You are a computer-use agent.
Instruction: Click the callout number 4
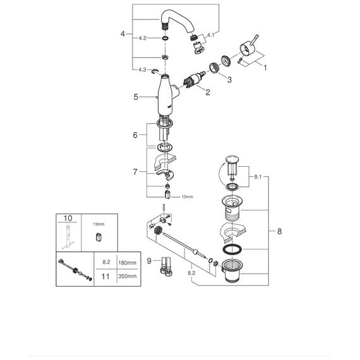[123, 34]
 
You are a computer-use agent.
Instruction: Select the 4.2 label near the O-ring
[142, 38]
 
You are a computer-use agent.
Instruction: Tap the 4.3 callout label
[142, 69]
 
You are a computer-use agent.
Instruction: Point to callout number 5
[136, 97]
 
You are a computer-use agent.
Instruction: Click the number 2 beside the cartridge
[208, 92]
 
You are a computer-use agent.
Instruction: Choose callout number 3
[229, 80]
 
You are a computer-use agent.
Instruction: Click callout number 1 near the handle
[265, 68]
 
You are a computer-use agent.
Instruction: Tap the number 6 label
[135, 135]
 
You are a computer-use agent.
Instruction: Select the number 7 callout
[135, 172]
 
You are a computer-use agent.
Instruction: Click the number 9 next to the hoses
[149, 261]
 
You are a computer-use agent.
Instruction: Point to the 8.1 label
[258, 177]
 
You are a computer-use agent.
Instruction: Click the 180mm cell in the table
[127, 263]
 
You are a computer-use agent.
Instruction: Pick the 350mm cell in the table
[128, 276]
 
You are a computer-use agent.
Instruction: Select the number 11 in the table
[105, 276]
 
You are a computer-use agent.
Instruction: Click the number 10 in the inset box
[68, 218]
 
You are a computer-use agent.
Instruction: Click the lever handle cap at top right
[246, 49]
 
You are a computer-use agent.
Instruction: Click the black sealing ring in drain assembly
[232, 249]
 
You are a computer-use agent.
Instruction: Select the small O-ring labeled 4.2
[165, 38]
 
